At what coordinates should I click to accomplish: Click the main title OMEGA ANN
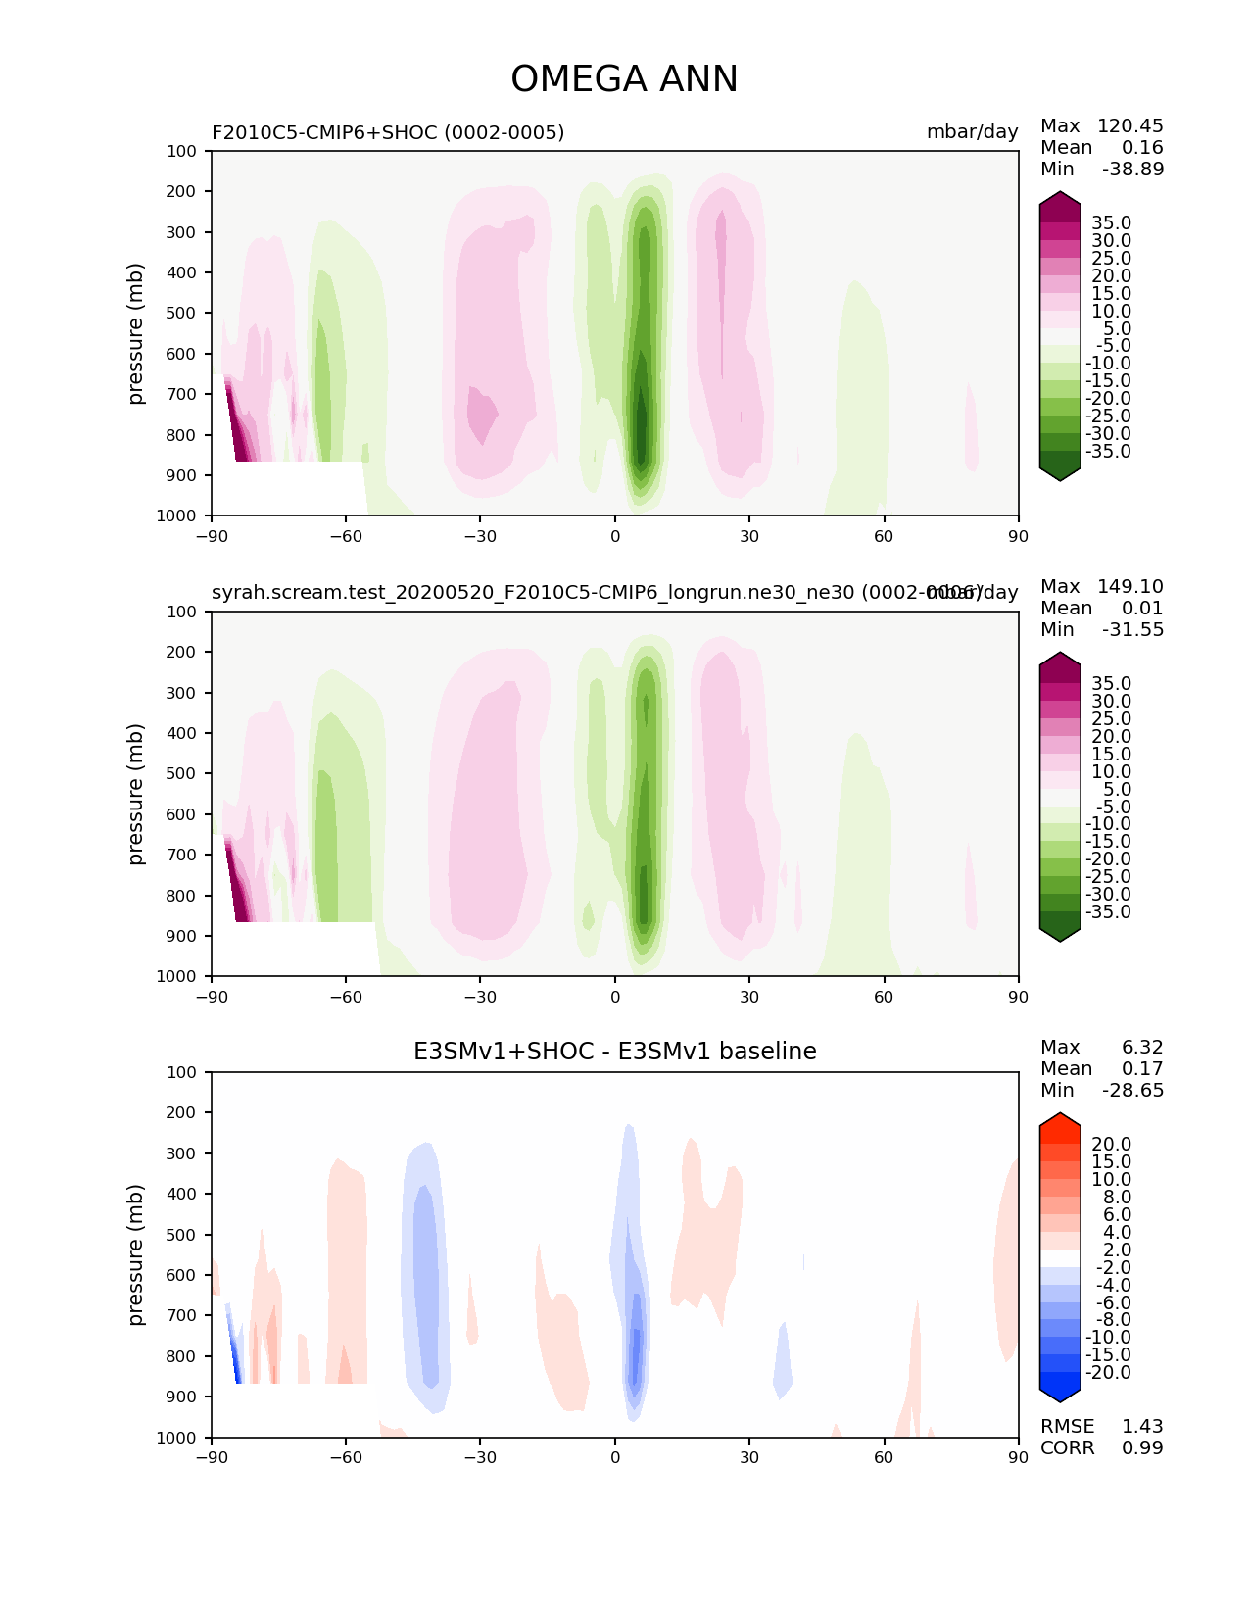[x=624, y=79]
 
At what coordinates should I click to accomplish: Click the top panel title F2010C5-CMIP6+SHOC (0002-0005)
[x=388, y=132]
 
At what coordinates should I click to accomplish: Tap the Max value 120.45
[x=1129, y=126]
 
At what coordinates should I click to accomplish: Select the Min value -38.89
[x=1132, y=170]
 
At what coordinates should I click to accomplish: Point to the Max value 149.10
[x=1129, y=587]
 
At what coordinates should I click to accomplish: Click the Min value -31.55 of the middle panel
[x=1132, y=630]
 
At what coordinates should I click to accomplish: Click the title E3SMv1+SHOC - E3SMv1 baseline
[x=614, y=1052]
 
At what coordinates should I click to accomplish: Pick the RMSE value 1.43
[x=1142, y=1427]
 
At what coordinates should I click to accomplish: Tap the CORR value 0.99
[x=1142, y=1448]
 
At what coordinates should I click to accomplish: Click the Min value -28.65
[x=1132, y=1091]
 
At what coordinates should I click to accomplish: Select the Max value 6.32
[x=1142, y=1048]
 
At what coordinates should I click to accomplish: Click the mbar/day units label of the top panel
[x=972, y=132]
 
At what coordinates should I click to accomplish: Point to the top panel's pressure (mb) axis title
[x=136, y=333]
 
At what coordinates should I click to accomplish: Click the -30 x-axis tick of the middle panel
[x=480, y=997]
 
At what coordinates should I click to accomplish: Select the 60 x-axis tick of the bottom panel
[x=884, y=1457]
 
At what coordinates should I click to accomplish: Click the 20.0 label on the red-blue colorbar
[x=1111, y=1145]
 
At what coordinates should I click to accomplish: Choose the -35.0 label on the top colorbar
[x=1111, y=452]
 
